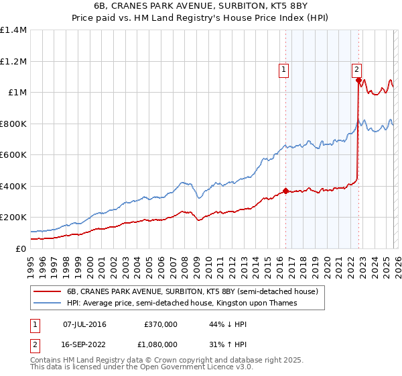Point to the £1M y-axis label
tap(17, 93)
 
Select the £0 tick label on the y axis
tap(21, 248)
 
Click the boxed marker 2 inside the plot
tap(356, 68)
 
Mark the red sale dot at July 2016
tap(286, 191)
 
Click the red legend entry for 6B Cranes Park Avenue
tap(196, 291)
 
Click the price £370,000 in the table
tap(160, 324)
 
